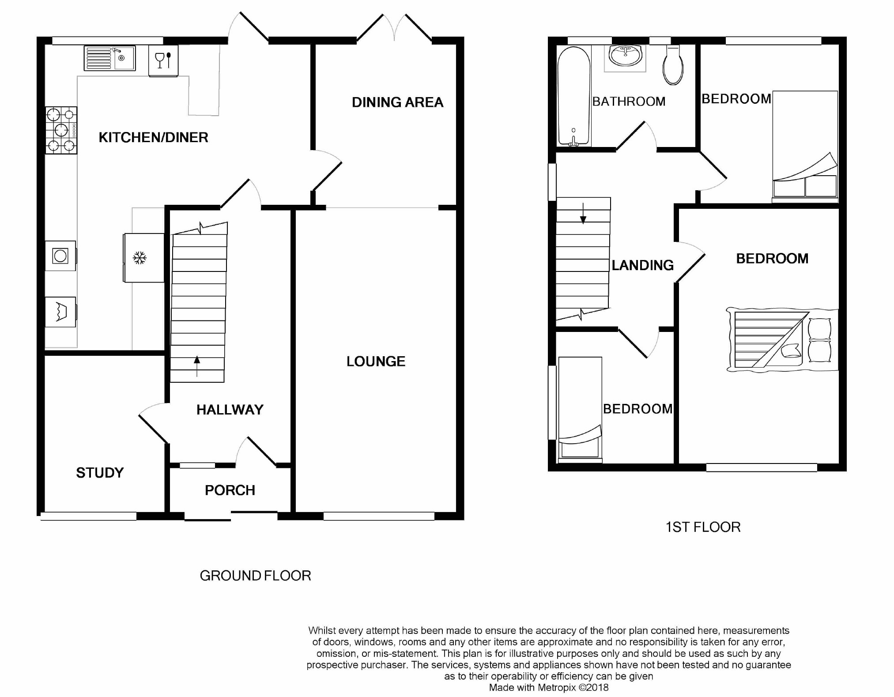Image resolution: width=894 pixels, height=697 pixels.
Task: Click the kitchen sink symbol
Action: coord(109,58)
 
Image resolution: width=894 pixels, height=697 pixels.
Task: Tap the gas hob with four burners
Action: coord(61,130)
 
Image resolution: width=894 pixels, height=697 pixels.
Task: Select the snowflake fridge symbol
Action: coord(140,258)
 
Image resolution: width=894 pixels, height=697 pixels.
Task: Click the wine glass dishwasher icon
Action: coord(163,60)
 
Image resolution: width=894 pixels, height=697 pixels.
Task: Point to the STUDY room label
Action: coord(100,473)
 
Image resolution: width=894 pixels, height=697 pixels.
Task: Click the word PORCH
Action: coord(230,490)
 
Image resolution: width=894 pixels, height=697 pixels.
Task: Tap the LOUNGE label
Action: coord(376,362)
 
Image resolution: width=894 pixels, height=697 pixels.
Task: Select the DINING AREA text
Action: coord(397,102)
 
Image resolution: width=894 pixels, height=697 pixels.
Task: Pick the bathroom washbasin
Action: coord(625,56)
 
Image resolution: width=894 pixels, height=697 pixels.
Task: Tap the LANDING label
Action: coord(642,265)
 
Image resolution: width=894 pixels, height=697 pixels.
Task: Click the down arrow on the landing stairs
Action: coord(583,214)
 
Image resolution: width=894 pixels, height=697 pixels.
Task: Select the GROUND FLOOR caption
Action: coord(255,576)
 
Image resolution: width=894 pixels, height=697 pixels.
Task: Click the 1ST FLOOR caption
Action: coord(703,527)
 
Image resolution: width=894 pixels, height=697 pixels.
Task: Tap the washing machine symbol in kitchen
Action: coord(60,256)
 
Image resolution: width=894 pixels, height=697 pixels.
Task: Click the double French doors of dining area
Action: coord(394,29)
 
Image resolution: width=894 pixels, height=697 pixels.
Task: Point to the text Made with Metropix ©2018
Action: coord(548,687)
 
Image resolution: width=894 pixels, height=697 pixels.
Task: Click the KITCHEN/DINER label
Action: coord(153,138)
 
